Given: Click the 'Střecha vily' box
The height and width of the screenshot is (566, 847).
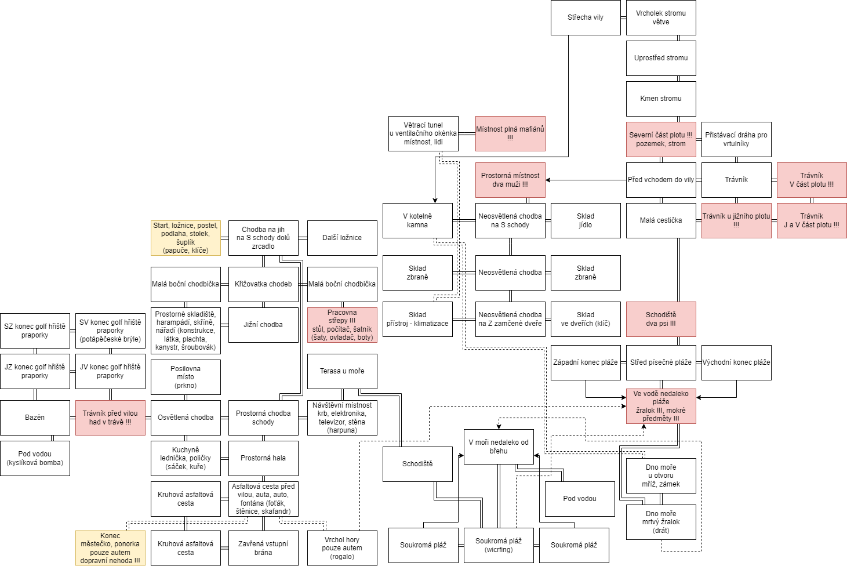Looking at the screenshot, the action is pos(586,17).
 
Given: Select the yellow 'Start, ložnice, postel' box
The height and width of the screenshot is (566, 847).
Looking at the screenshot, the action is pos(186,238).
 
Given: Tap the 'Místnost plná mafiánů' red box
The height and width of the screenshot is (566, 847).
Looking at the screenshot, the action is pos(510,133).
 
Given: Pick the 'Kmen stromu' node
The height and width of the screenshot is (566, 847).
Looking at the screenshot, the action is pos(661,99).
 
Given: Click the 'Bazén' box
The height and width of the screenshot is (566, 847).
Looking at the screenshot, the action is pos(35,418).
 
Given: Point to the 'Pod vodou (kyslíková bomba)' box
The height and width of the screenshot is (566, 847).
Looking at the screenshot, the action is pos(35,458).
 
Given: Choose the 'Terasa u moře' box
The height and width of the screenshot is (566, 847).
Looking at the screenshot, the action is pos(342,371).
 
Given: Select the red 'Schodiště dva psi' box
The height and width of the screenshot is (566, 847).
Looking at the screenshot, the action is pos(661,319).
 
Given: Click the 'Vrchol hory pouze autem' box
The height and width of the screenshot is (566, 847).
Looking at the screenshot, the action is pos(342,548).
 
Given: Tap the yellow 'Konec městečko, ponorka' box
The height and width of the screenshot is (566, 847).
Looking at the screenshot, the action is pos(110,548).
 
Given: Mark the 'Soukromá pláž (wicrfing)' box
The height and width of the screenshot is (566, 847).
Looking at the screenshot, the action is pos(499,545).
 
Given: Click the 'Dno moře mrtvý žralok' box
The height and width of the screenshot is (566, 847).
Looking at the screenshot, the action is pos(661,522).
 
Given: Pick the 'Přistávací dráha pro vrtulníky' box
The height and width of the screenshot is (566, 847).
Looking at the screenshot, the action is pos(736,139).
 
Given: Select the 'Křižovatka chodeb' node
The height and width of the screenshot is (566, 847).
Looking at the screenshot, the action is pos(263,284).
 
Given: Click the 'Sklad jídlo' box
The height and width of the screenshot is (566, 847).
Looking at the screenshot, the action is pos(586,220).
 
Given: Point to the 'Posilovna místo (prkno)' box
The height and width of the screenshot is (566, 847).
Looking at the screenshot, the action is pos(186,377).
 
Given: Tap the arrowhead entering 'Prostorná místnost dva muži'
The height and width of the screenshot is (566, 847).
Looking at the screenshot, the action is pos(548,180).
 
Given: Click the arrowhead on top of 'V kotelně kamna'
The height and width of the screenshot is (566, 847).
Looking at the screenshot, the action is pos(435,201).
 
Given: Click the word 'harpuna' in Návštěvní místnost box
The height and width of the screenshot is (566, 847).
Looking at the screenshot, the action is pos(342,430).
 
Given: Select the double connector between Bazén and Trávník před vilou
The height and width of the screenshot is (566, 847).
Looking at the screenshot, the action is pos(72,418).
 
